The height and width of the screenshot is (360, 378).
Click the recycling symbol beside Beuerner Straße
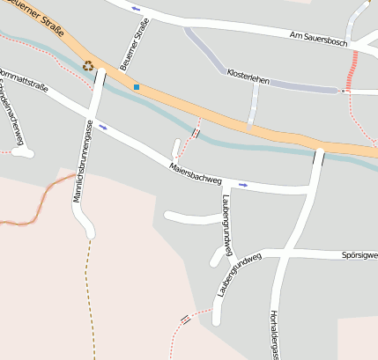87,64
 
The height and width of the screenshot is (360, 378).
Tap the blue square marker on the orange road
137,86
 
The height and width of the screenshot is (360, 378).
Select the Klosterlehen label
248,77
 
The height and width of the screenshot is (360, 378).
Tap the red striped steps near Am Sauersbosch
353,70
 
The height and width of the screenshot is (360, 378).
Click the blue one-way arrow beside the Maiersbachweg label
243,185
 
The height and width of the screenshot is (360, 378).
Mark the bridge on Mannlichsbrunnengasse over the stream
100,77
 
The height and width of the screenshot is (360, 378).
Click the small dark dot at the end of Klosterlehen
342,91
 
